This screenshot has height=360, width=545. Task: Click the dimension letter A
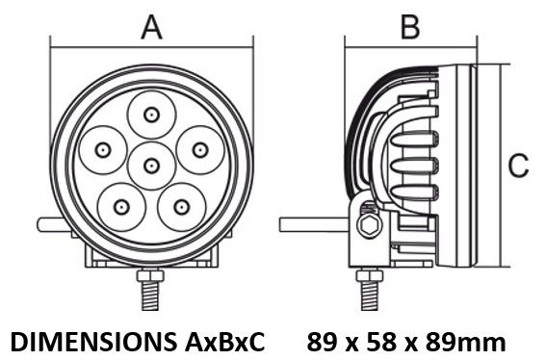pos(152,28)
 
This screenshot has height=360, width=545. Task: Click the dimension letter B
pos(410,27)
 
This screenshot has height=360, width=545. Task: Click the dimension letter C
pos(518,166)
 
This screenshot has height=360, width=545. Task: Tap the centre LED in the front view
pos(151,166)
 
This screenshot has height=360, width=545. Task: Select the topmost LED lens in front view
pos(151,115)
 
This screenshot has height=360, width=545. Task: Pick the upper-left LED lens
pos(103,150)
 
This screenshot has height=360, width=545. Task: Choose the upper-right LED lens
pos(200,150)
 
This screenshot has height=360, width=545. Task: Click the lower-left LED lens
pos(121,207)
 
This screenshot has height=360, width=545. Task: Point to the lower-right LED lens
pos(181,208)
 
